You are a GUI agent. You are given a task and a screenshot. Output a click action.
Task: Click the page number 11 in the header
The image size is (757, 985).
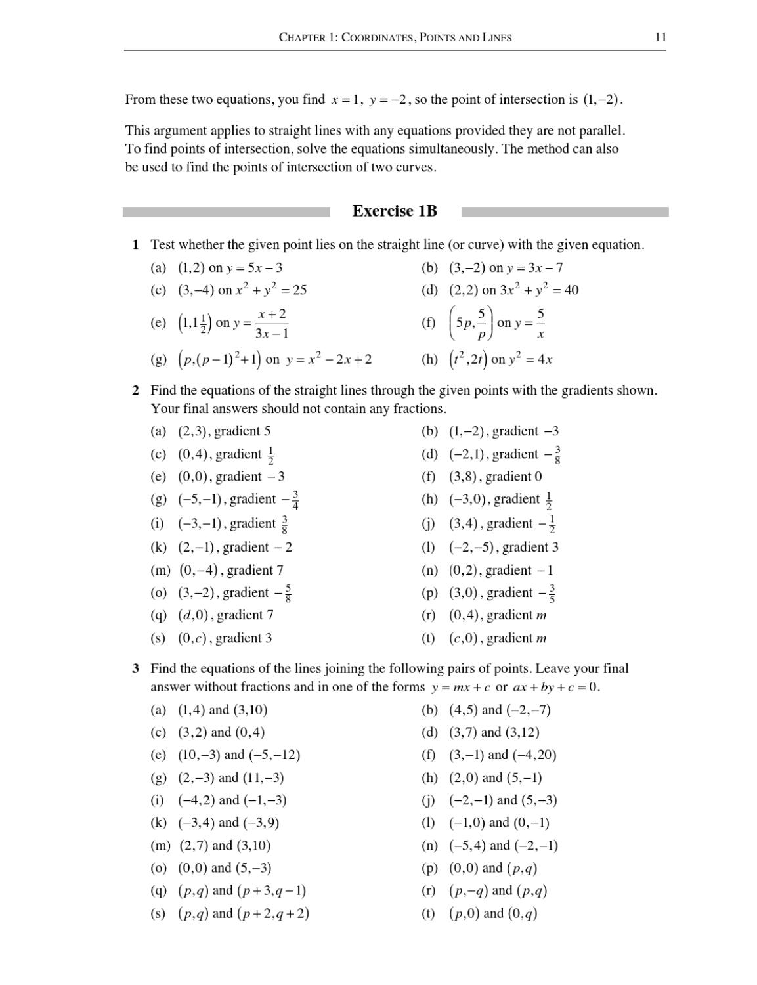pyautogui.click(x=660, y=37)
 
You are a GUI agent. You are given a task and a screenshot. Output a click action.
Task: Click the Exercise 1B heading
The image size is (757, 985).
pyautogui.click(x=395, y=211)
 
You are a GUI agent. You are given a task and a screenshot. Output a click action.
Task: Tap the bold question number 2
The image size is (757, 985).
pyautogui.click(x=135, y=391)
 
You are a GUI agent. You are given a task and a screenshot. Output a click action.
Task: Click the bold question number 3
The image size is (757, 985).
pyautogui.click(x=135, y=669)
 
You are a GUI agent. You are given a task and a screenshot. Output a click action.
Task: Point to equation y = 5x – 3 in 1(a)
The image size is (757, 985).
pyautogui.click(x=254, y=268)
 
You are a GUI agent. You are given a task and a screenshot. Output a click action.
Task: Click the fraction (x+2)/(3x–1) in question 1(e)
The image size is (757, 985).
pyautogui.click(x=272, y=323)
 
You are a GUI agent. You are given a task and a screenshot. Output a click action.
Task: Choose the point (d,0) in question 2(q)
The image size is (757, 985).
pyautogui.click(x=193, y=615)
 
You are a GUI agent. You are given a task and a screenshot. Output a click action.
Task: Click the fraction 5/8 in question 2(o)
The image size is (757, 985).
pyautogui.click(x=288, y=593)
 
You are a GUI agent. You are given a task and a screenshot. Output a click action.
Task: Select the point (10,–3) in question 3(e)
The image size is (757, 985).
pyautogui.click(x=199, y=755)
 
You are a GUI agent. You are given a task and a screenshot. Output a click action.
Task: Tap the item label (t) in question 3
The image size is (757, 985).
pyautogui.click(x=428, y=913)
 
